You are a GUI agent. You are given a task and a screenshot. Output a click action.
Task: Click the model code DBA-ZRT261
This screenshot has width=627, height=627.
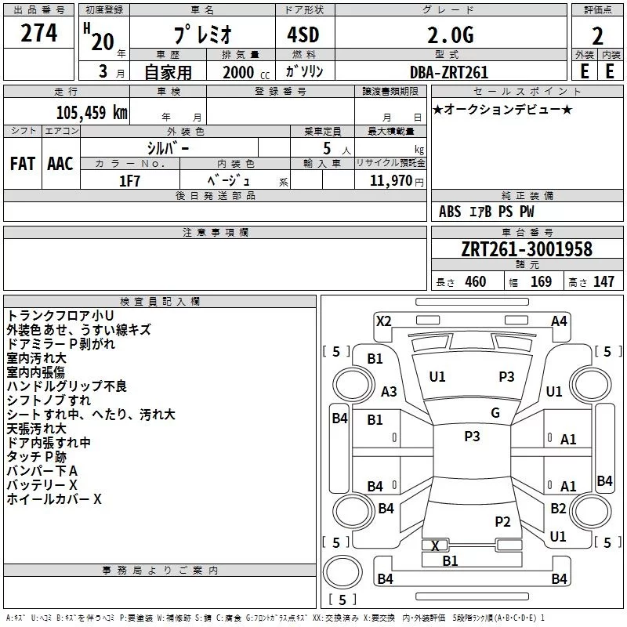448,71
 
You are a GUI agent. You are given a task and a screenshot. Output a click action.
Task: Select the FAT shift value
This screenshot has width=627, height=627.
22,163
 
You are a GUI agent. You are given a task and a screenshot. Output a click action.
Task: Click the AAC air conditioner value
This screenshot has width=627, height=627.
60,163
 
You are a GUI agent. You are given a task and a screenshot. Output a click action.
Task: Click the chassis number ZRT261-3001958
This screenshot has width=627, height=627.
527,249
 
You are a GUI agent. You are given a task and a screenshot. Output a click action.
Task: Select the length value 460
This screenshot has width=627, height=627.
475,281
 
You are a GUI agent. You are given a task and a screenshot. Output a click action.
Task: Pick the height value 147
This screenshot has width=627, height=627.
603,281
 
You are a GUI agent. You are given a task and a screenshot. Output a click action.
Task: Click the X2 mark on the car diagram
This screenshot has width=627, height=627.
383,321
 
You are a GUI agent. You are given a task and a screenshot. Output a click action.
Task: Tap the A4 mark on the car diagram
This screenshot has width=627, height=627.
559,321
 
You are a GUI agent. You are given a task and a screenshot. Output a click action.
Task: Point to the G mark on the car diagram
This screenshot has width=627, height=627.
495,413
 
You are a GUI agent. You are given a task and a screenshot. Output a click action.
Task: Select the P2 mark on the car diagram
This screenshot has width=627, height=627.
502,521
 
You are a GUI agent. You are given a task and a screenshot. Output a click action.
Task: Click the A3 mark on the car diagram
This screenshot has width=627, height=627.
389,391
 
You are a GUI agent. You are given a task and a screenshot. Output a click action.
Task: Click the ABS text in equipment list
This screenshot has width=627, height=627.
450,212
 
